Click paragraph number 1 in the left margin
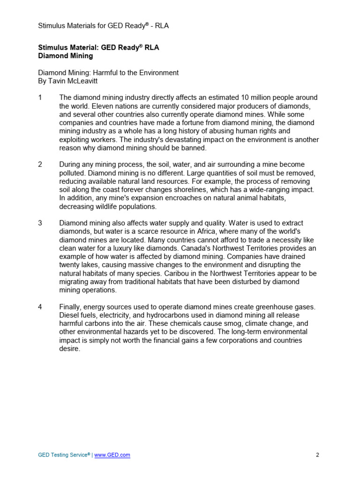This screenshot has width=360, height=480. [40, 97]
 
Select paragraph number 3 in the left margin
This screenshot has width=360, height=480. [40, 223]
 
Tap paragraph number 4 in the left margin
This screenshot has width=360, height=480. [40, 307]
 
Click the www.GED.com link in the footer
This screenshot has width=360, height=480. [112, 455]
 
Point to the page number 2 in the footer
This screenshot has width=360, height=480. [317, 455]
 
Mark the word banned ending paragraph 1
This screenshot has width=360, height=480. [195, 148]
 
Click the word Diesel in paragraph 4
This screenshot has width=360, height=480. [69, 315]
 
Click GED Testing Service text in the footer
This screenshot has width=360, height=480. [63, 455]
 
